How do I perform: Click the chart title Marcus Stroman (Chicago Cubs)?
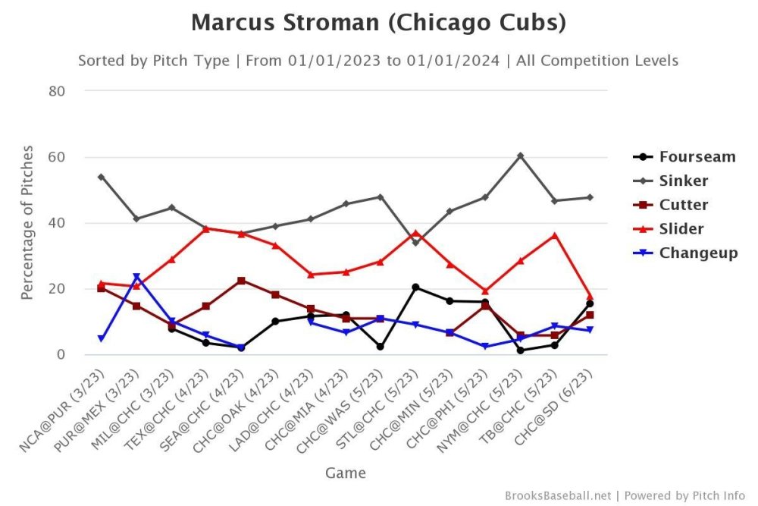click(x=378, y=23)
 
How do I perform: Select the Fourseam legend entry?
click(x=697, y=157)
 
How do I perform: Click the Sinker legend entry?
click(x=683, y=181)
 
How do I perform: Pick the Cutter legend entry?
click(x=683, y=205)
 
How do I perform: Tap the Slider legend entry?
click(x=681, y=228)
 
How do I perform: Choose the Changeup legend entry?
click(x=697, y=253)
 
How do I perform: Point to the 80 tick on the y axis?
click(x=58, y=91)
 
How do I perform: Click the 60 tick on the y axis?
click(x=58, y=157)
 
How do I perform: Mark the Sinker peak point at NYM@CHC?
click(x=520, y=156)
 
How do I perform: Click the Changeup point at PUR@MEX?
click(x=136, y=277)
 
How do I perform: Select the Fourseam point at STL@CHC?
click(x=415, y=287)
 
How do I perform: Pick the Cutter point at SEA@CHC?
click(x=241, y=281)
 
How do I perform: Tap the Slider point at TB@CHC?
click(x=555, y=235)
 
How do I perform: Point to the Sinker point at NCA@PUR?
click(x=102, y=177)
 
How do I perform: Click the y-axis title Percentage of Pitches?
click(x=27, y=223)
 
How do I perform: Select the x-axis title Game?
click(x=346, y=473)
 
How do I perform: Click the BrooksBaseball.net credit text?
click(x=557, y=495)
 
